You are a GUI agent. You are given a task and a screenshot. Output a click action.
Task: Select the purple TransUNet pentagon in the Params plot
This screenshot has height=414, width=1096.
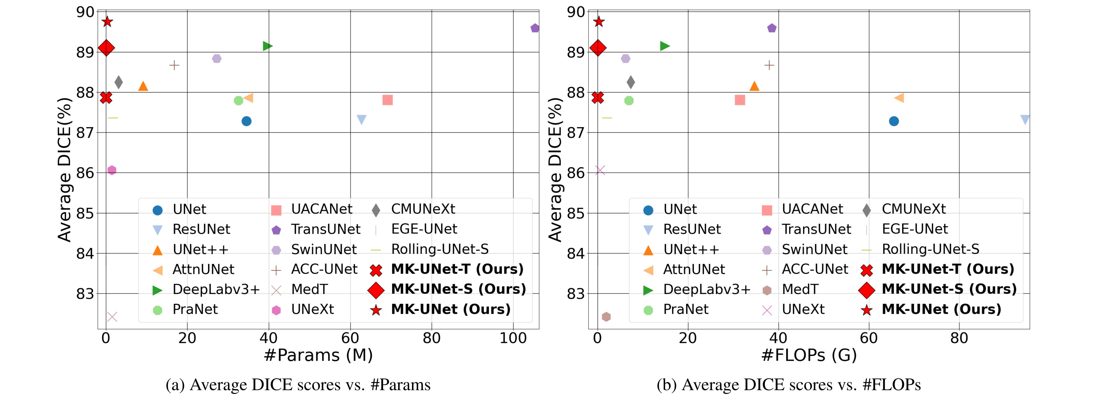pyautogui.click(x=535, y=28)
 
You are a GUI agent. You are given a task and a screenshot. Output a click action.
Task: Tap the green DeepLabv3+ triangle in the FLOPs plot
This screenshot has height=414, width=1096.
pyautogui.click(x=664, y=46)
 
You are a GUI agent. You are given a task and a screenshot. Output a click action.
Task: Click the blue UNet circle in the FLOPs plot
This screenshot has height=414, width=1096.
pyautogui.click(x=894, y=121)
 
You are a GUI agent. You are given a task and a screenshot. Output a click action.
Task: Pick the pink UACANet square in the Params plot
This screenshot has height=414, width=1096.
pyautogui.click(x=387, y=100)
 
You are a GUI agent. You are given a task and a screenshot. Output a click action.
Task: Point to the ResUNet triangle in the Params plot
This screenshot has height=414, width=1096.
pyautogui.click(x=361, y=119)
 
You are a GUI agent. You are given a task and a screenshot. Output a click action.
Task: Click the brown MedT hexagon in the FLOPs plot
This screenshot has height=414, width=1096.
pyautogui.click(x=606, y=317)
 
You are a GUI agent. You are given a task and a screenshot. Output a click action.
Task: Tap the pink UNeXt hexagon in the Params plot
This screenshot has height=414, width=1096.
pyautogui.click(x=112, y=170)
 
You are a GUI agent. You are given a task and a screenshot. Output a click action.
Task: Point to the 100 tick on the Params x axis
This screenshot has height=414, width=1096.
pyautogui.click(x=513, y=338)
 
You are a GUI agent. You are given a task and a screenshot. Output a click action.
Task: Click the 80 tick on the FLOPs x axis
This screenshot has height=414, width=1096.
pyautogui.click(x=959, y=338)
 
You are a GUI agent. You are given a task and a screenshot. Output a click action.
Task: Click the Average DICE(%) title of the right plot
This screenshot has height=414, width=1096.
pyautogui.click(x=555, y=169)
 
